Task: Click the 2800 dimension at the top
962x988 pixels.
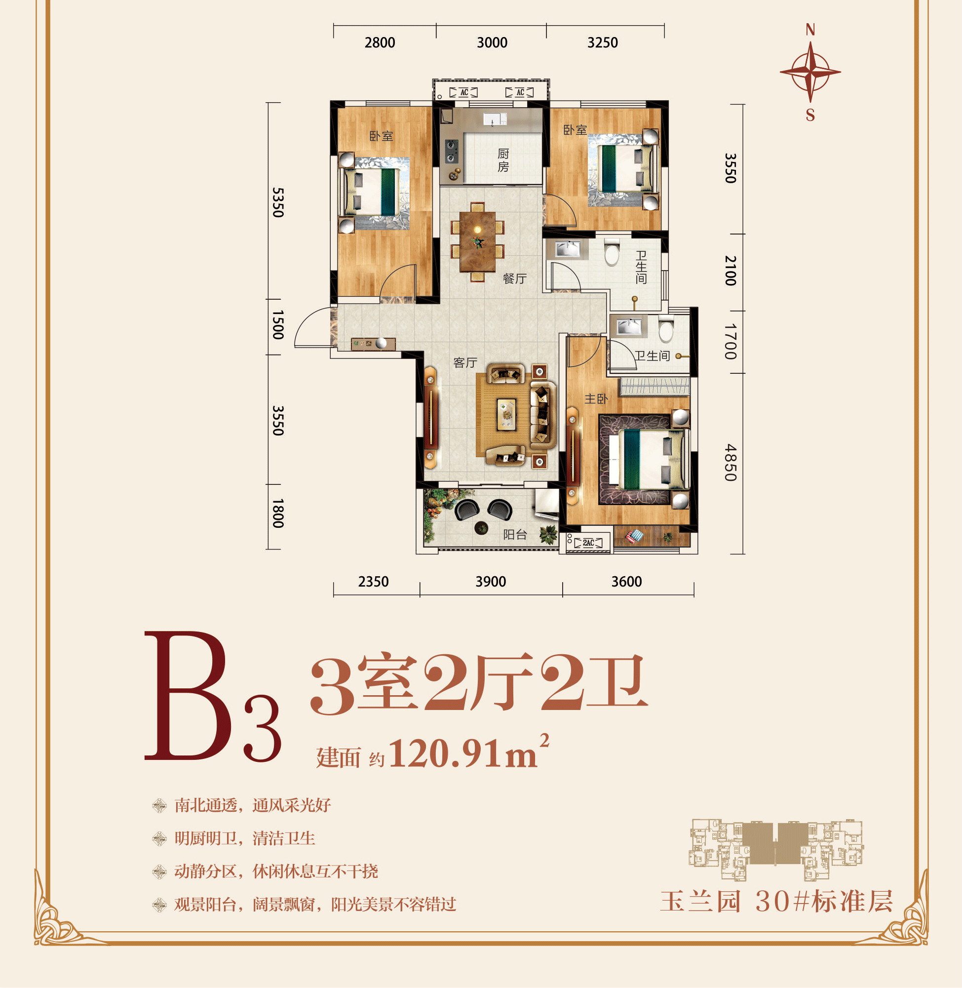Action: (380, 42)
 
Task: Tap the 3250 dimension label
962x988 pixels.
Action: (602, 42)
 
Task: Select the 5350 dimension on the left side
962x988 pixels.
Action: (278, 202)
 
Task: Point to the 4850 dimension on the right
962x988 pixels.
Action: (730, 463)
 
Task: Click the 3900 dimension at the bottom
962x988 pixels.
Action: (490, 582)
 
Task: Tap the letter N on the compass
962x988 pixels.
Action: (810, 30)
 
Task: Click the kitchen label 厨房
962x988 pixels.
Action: (503, 160)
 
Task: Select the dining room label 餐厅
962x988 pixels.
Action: (514, 278)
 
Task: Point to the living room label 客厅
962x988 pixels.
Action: (465, 362)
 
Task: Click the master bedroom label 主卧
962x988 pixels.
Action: (596, 399)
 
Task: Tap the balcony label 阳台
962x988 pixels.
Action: (515, 534)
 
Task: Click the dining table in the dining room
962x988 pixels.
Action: (477, 241)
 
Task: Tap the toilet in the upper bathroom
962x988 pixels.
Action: (612, 252)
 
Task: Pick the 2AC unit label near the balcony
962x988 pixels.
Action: (588, 543)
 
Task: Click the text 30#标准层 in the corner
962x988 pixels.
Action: (824, 901)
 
